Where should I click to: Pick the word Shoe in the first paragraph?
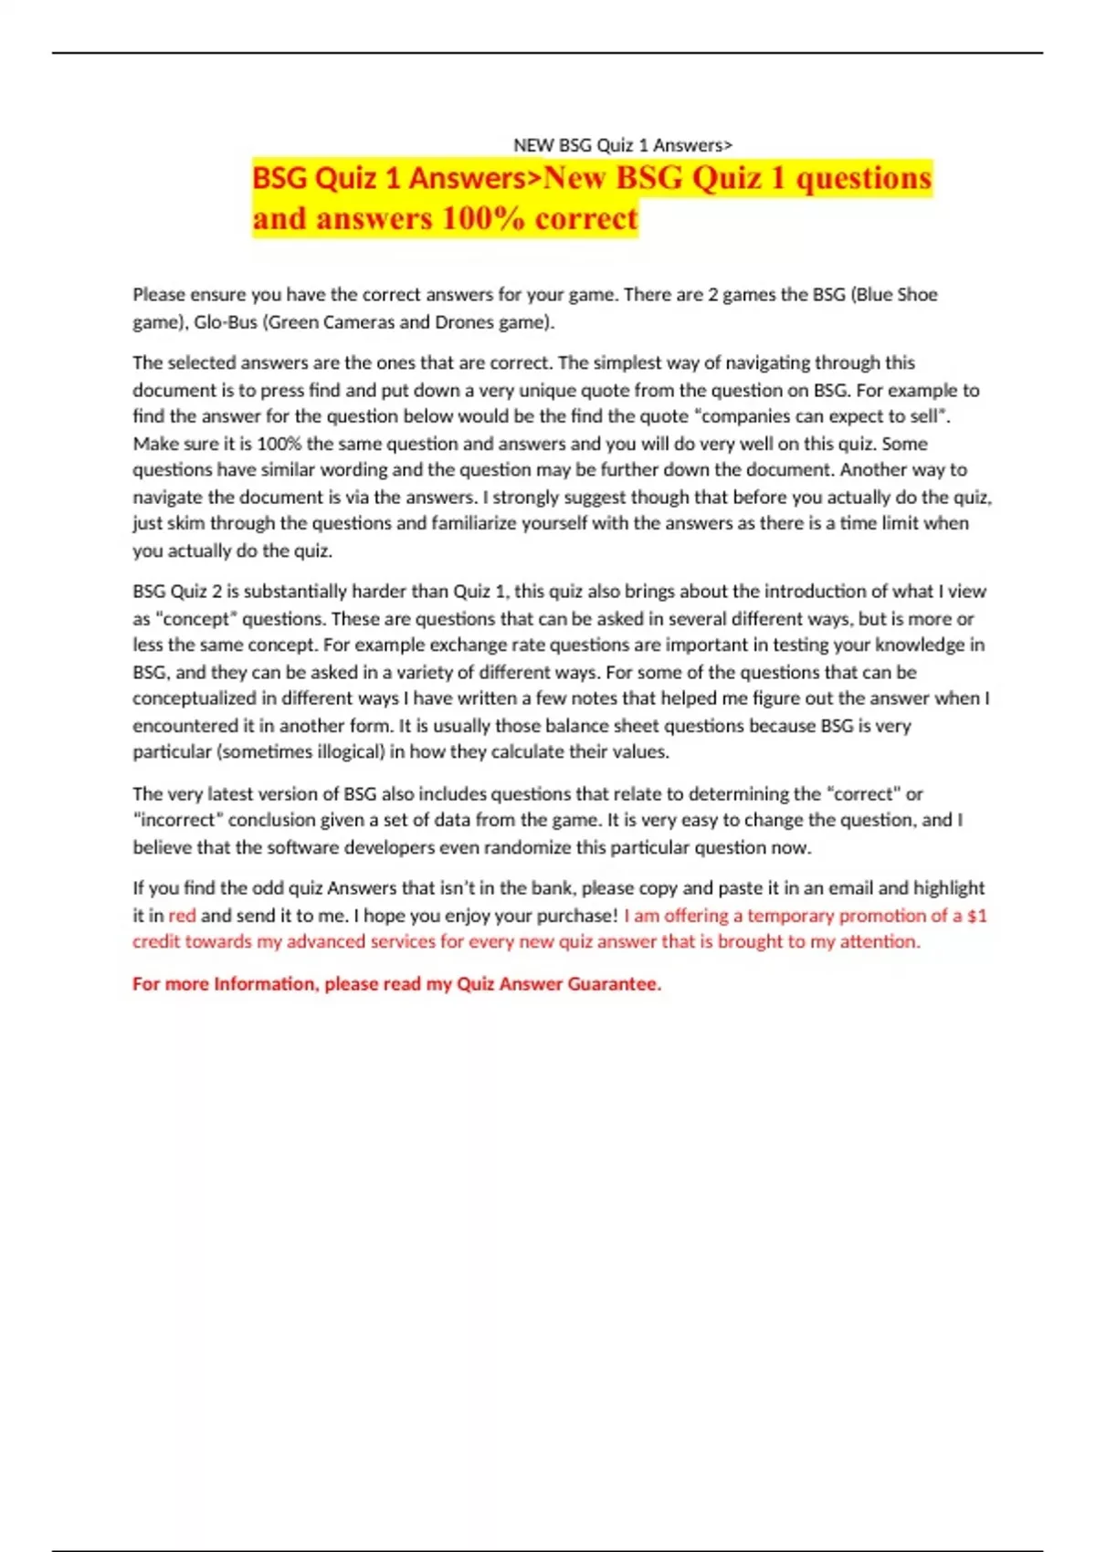[x=917, y=295]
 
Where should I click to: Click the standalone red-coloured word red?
[x=182, y=916]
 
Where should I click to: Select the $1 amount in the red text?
[x=976, y=916]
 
